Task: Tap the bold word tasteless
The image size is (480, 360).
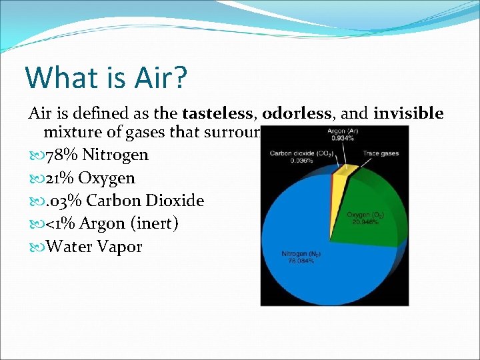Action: [x=215, y=114]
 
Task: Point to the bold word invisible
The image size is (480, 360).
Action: [x=408, y=114]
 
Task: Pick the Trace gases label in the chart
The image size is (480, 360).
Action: [x=381, y=153]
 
